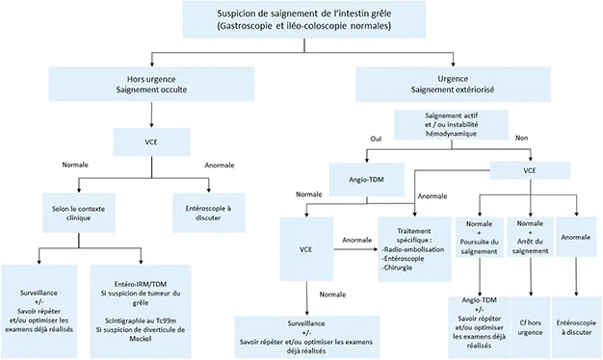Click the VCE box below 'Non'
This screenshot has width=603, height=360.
tap(529, 169)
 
